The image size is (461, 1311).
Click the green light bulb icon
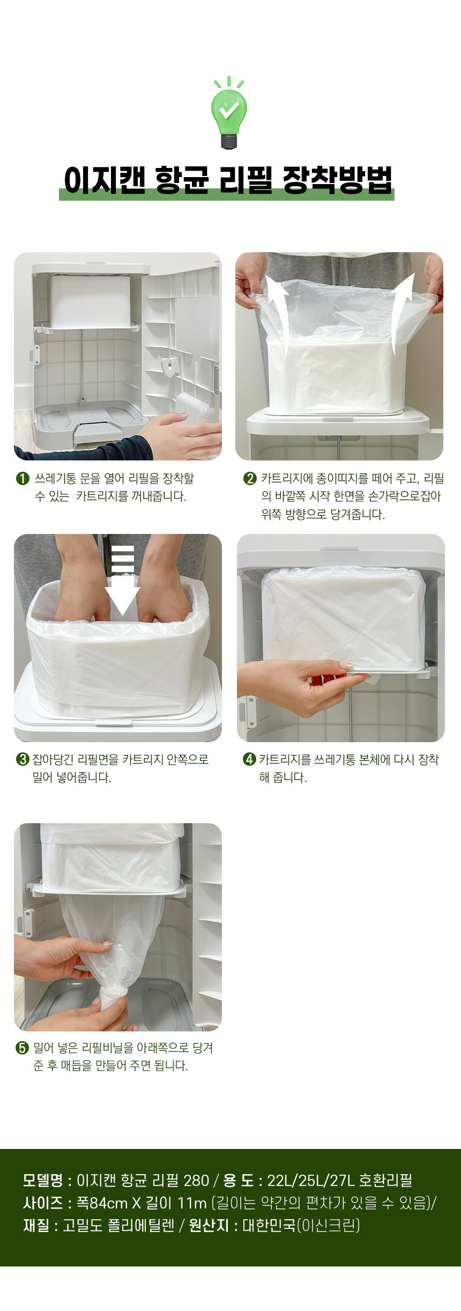[x=229, y=113]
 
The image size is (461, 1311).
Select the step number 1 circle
[x=23, y=478]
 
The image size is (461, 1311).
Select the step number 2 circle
[x=250, y=478]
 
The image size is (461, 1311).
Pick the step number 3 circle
[x=23, y=759]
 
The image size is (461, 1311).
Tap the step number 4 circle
[x=249, y=759]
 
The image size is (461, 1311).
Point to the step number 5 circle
[x=23, y=1048]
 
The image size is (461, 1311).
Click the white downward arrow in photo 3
[x=122, y=581]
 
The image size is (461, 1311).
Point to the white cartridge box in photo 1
[x=91, y=302]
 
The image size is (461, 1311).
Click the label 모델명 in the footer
[x=43, y=1180]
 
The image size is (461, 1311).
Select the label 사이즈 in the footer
[x=43, y=1203]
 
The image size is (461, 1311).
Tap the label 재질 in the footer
[x=36, y=1225]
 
